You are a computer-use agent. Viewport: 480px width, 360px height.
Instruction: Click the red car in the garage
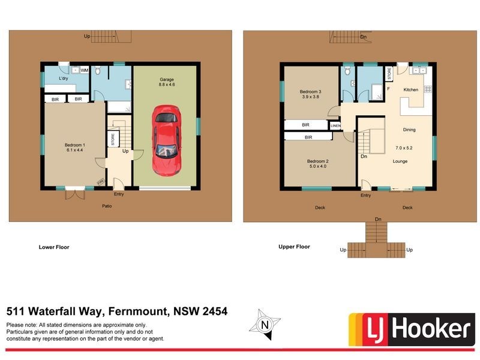click(x=166, y=140)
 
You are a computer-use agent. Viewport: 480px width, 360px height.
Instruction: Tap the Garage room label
click(x=166, y=79)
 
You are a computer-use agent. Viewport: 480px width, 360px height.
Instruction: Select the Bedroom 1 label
click(x=75, y=145)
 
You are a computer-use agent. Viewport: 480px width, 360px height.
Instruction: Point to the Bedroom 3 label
click(x=311, y=92)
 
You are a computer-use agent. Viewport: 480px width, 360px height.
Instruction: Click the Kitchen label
click(x=410, y=90)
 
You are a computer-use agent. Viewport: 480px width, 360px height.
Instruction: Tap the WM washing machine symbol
click(x=85, y=70)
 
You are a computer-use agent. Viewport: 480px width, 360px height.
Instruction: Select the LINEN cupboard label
click(x=335, y=125)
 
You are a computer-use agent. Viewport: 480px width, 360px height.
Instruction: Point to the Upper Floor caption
click(x=294, y=247)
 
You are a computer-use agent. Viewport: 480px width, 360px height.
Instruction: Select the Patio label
click(x=107, y=206)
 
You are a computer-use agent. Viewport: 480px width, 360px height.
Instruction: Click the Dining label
click(x=409, y=130)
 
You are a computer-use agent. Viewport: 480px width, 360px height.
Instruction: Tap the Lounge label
click(x=400, y=161)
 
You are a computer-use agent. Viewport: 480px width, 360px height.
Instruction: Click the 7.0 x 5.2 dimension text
click(x=404, y=148)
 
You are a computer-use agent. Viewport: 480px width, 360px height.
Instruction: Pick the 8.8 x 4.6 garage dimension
click(x=166, y=85)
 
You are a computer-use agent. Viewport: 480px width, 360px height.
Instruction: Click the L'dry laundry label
click(x=63, y=79)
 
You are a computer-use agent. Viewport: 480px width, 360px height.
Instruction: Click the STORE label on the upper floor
click(x=389, y=74)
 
